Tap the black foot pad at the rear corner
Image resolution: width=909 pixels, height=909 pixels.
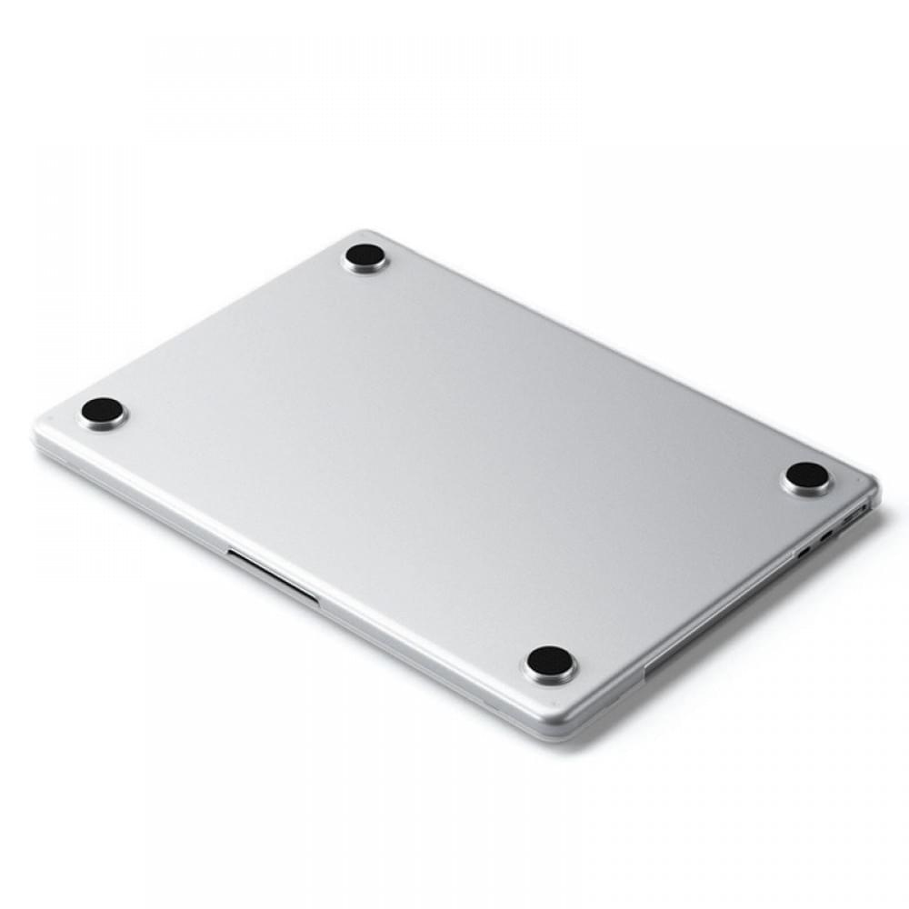pyautogui.click(x=365, y=255)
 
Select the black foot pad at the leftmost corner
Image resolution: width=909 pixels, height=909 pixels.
pyautogui.click(x=103, y=411)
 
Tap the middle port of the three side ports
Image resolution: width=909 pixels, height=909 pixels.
pyautogui.click(x=826, y=535)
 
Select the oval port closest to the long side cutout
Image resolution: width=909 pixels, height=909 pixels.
pyautogui.click(x=804, y=550)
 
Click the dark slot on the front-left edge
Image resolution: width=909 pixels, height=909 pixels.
pyautogui.click(x=273, y=576)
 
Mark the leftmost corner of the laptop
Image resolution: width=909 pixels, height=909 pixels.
pyautogui.click(x=38, y=435)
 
